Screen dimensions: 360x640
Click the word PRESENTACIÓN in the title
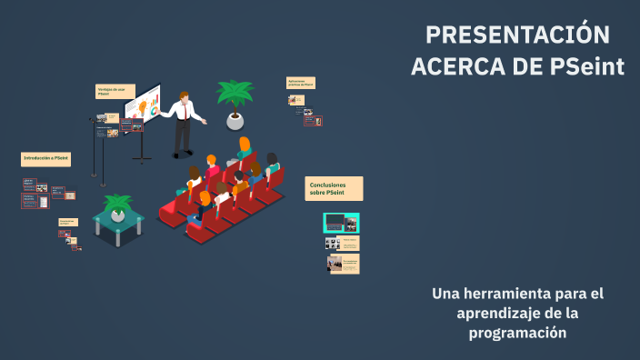tap(517, 35)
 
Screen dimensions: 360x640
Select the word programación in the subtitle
tap(517, 333)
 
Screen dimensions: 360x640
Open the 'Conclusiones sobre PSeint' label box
tap(334, 188)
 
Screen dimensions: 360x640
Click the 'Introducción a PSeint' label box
tap(45, 158)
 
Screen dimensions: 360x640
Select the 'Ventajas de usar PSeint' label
tap(115, 91)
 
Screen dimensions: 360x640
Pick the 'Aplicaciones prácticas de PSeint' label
tap(301, 83)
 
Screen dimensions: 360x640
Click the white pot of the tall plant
tap(235, 119)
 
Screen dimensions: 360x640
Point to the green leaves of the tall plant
tap(235, 93)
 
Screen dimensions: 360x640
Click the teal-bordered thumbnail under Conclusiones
tap(341, 223)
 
